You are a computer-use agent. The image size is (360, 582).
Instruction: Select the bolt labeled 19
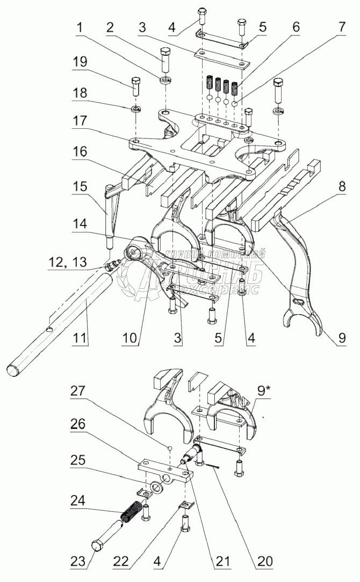point(136,86)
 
